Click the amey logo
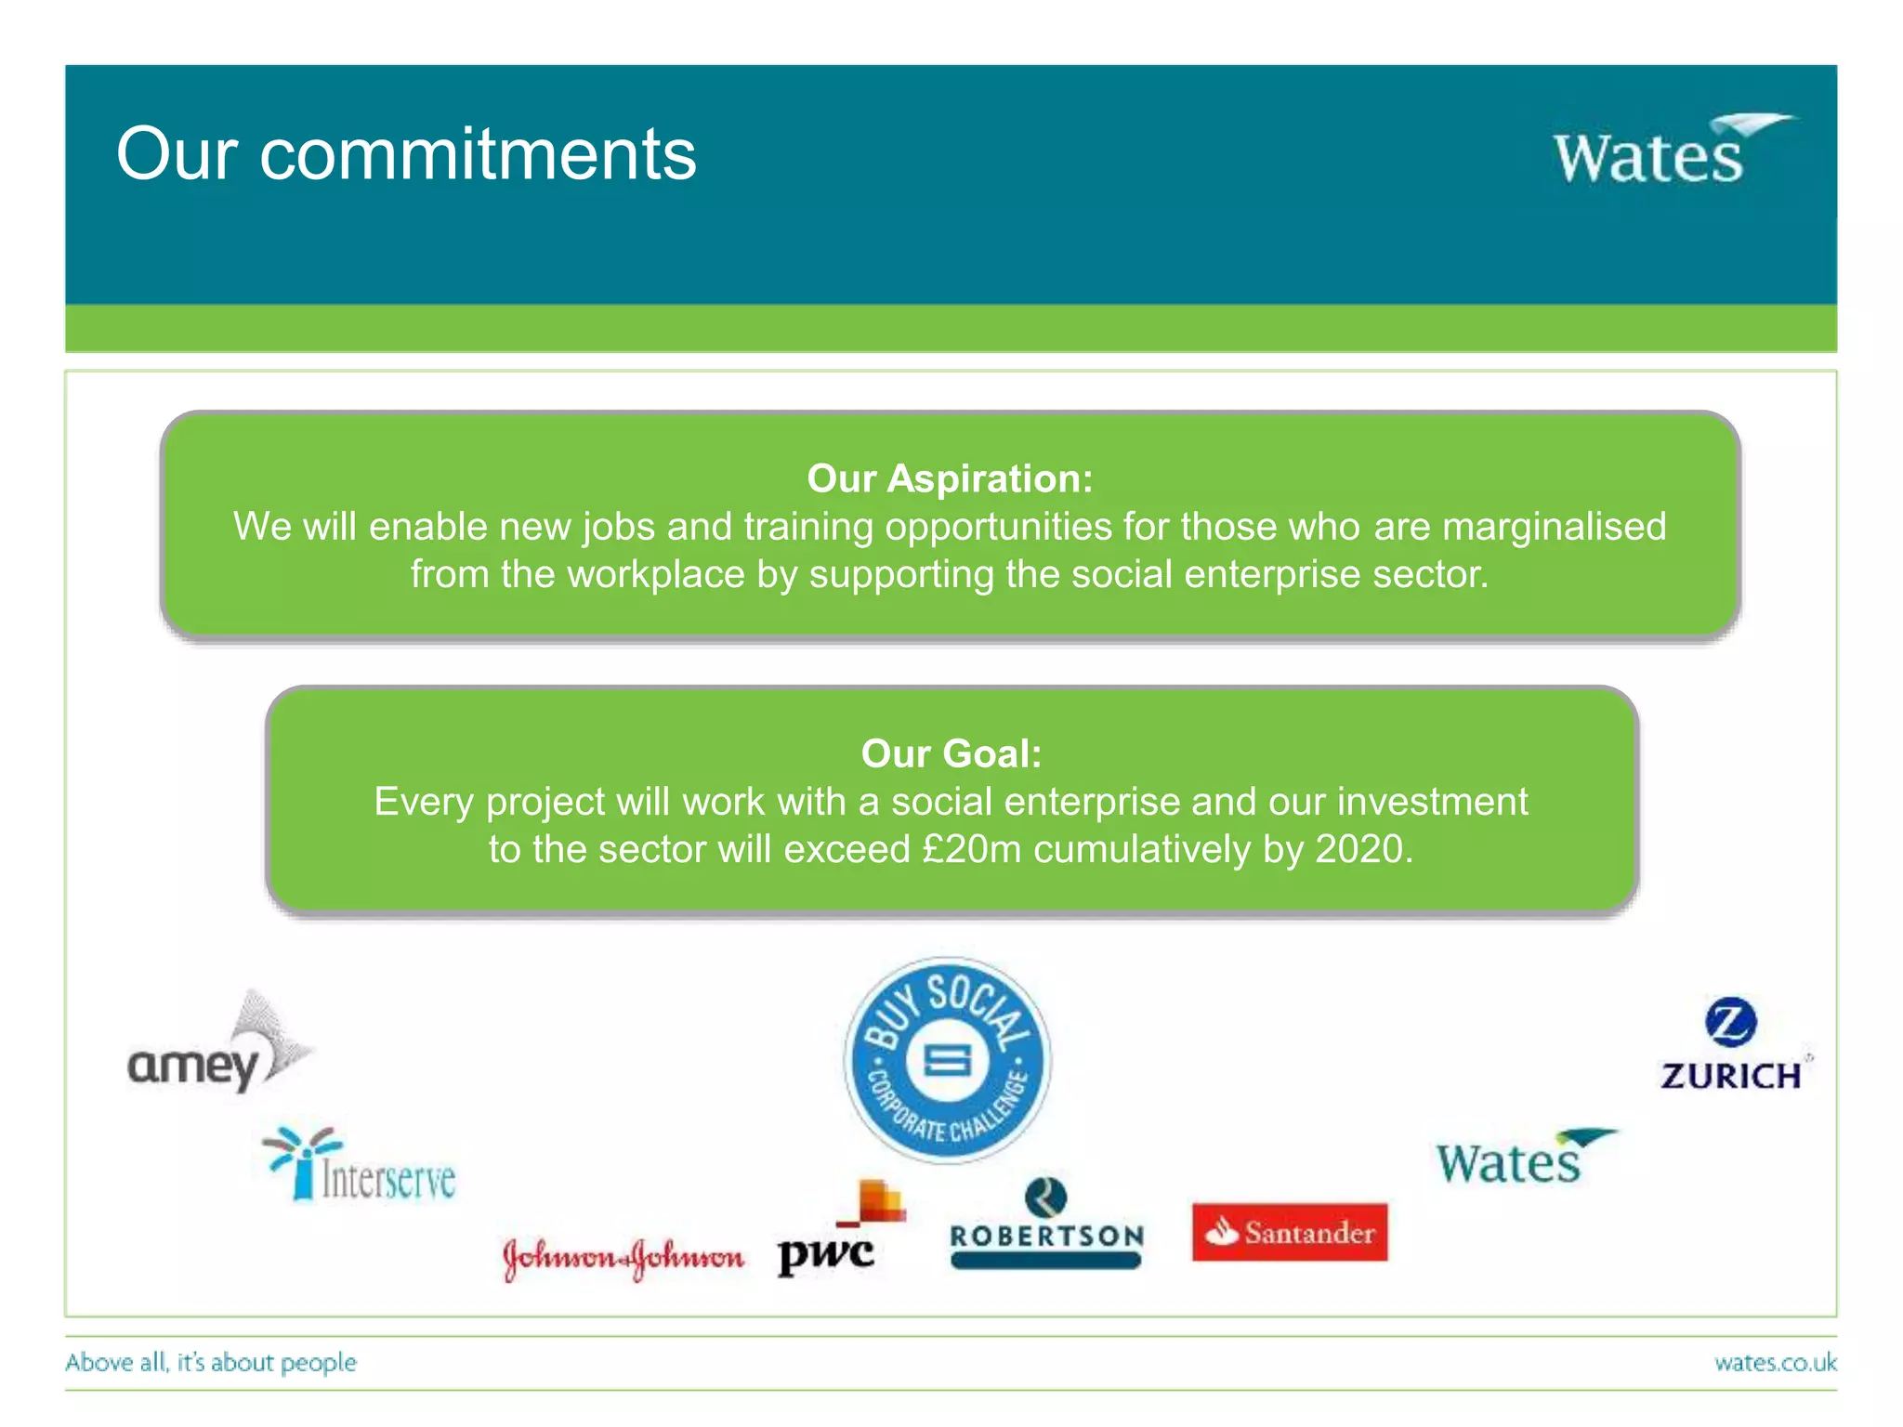tap(219, 1045)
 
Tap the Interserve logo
tap(361, 1167)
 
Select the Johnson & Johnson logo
tap(623, 1258)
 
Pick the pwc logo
tap(842, 1231)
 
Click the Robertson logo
tap(1046, 1224)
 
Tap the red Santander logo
tap(1290, 1233)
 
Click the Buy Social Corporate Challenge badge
tap(948, 1059)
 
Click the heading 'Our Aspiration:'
tap(950, 478)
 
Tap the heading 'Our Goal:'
tap(951, 753)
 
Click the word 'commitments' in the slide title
tap(478, 154)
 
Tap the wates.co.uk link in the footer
tap(1775, 1363)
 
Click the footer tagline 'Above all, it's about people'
tap(211, 1363)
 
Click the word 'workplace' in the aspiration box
tap(656, 574)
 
